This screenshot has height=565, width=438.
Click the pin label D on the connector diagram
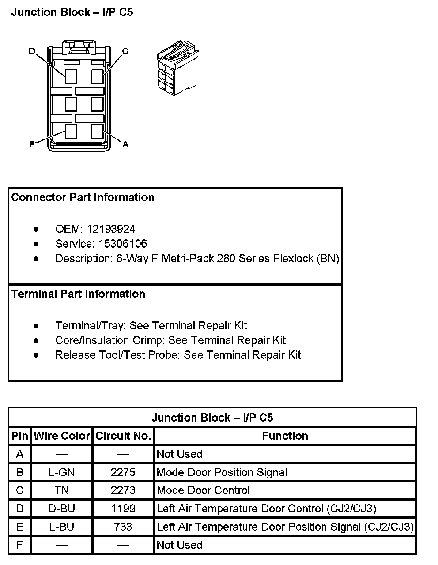pos(32,52)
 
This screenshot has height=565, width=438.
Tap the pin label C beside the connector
pos(125,51)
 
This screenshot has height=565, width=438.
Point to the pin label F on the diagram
pos(32,144)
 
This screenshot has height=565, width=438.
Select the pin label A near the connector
pos(125,144)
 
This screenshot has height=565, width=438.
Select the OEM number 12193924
pos(111,229)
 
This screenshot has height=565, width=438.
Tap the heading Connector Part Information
pos(83,197)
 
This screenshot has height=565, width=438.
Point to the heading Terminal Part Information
pos(78,294)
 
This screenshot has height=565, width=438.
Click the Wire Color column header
pos(62,436)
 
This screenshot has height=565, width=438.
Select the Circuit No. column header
pos(123,436)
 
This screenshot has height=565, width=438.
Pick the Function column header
pos(285,436)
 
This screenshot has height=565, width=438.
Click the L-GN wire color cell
pos(62,472)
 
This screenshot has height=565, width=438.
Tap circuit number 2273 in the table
pos(123,490)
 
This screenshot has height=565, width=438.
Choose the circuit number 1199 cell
pos(123,508)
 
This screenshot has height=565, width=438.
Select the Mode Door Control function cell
pos(203,490)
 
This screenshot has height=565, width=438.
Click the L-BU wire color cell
pos(62,527)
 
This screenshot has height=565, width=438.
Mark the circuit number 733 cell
pos(123,527)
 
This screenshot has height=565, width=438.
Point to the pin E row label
pos(20,527)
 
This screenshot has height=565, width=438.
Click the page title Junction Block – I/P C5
pos(72,12)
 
